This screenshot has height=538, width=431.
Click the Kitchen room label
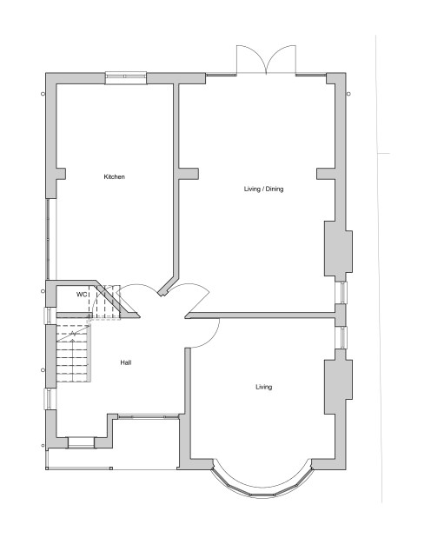115,177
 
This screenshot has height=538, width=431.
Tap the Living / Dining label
263,189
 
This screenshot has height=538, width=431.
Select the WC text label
83,295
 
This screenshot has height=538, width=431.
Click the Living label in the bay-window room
263,387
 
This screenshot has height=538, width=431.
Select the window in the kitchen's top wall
125,77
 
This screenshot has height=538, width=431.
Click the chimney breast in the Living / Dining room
337,249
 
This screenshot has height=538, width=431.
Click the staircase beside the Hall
73,352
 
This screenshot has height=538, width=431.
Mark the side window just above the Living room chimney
343,337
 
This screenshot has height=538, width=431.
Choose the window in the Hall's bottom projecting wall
81,442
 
